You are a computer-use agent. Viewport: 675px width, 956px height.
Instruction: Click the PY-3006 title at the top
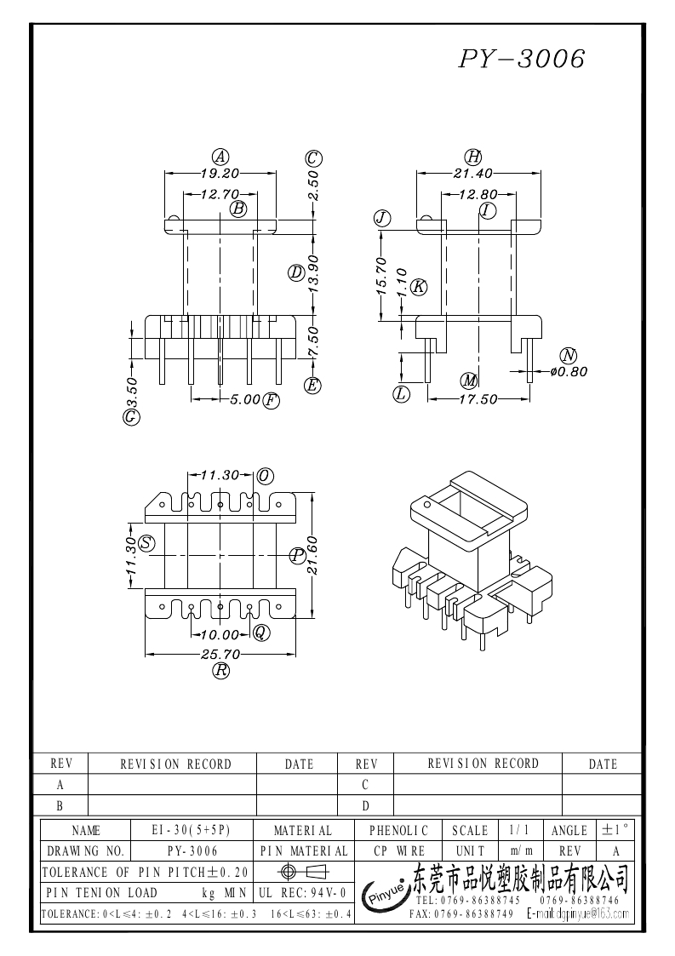tap(522, 59)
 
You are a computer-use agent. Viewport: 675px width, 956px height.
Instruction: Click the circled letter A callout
tap(220, 157)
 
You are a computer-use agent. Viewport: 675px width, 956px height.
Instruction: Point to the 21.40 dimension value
tap(473, 172)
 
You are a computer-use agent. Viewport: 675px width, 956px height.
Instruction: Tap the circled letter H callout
tap(473, 157)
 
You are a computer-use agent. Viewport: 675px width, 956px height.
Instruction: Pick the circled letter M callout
tap(467, 380)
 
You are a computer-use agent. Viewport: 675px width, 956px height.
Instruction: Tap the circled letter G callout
tap(131, 417)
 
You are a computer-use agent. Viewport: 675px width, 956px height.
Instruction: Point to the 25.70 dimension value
tap(220, 654)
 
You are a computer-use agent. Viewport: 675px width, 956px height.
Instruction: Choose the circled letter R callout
tap(220, 671)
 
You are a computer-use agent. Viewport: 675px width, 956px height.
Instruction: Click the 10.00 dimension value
tap(220, 633)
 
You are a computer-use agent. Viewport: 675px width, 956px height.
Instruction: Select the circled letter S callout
tap(147, 543)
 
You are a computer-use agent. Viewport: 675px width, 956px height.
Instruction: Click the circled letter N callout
tap(568, 355)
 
